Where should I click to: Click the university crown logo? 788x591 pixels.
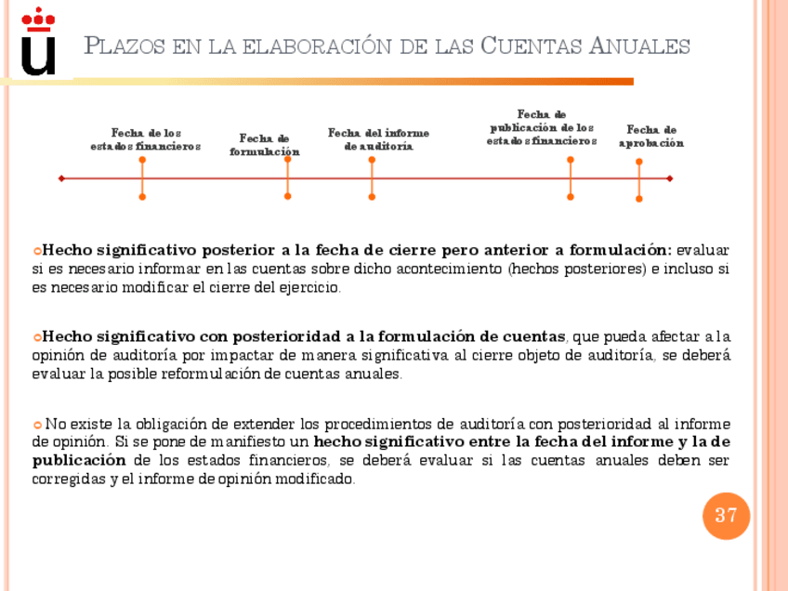click(38, 42)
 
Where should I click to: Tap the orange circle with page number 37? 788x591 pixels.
click(726, 515)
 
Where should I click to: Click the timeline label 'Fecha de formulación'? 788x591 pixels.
click(265, 145)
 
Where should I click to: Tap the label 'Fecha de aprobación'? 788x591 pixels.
click(650, 137)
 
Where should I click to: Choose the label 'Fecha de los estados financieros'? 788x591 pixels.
click(146, 139)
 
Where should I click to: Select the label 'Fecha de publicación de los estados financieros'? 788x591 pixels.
click(542, 127)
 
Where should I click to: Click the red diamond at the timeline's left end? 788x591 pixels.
click(61, 177)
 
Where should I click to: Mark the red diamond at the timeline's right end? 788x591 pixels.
click(669, 177)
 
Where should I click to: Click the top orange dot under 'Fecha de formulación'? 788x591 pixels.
click(288, 160)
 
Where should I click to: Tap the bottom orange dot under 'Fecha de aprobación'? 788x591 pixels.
click(639, 198)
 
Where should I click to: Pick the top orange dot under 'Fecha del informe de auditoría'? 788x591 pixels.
click(372, 160)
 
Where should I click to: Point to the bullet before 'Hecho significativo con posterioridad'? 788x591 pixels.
click(37, 337)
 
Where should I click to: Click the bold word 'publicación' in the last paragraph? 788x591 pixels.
click(78, 461)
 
